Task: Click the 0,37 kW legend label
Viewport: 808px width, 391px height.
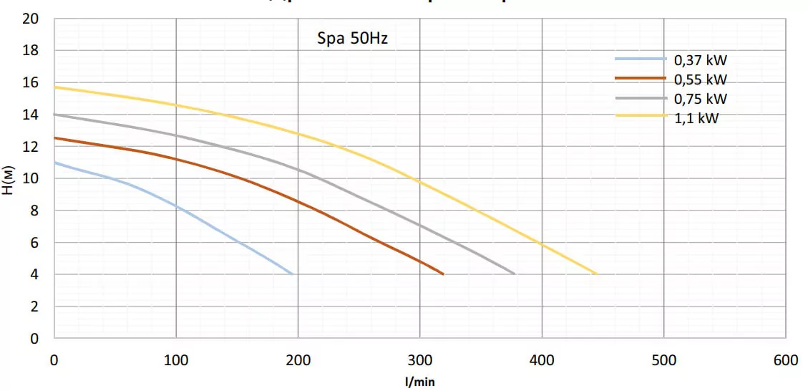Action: pyautogui.click(x=700, y=59)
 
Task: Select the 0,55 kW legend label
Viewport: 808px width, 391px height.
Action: pyautogui.click(x=700, y=79)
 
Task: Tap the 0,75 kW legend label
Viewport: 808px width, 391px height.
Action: pyautogui.click(x=700, y=99)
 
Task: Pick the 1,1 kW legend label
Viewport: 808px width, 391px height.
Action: pyautogui.click(x=696, y=118)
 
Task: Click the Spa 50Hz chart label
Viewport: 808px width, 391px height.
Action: pyautogui.click(x=352, y=39)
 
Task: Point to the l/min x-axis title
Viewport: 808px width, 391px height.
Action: pyautogui.click(x=419, y=382)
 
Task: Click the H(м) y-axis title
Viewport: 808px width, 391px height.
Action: pyautogui.click(x=9, y=179)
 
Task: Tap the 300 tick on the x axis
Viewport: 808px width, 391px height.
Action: pyautogui.click(x=420, y=360)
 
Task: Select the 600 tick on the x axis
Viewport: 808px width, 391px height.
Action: pyautogui.click(x=786, y=360)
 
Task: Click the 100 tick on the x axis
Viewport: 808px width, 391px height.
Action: pyautogui.click(x=176, y=360)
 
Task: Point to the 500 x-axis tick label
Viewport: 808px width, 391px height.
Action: pyautogui.click(x=664, y=360)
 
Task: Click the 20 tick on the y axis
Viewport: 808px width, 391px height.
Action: pyautogui.click(x=30, y=19)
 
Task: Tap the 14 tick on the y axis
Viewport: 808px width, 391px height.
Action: pyautogui.click(x=30, y=115)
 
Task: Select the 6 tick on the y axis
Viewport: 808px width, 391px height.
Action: pyautogui.click(x=34, y=243)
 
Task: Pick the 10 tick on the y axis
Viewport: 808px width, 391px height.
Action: pyautogui.click(x=30, y=178)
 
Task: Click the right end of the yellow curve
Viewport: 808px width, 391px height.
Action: pyautogui.click(x=597, y=274)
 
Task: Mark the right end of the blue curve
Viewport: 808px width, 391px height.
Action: pyautogui.click(x=292, y=274)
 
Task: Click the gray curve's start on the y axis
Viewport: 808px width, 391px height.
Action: pyautogui.click(x=55, y=114)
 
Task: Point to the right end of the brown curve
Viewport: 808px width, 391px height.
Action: pyautogui.click(x=444, y=274)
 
